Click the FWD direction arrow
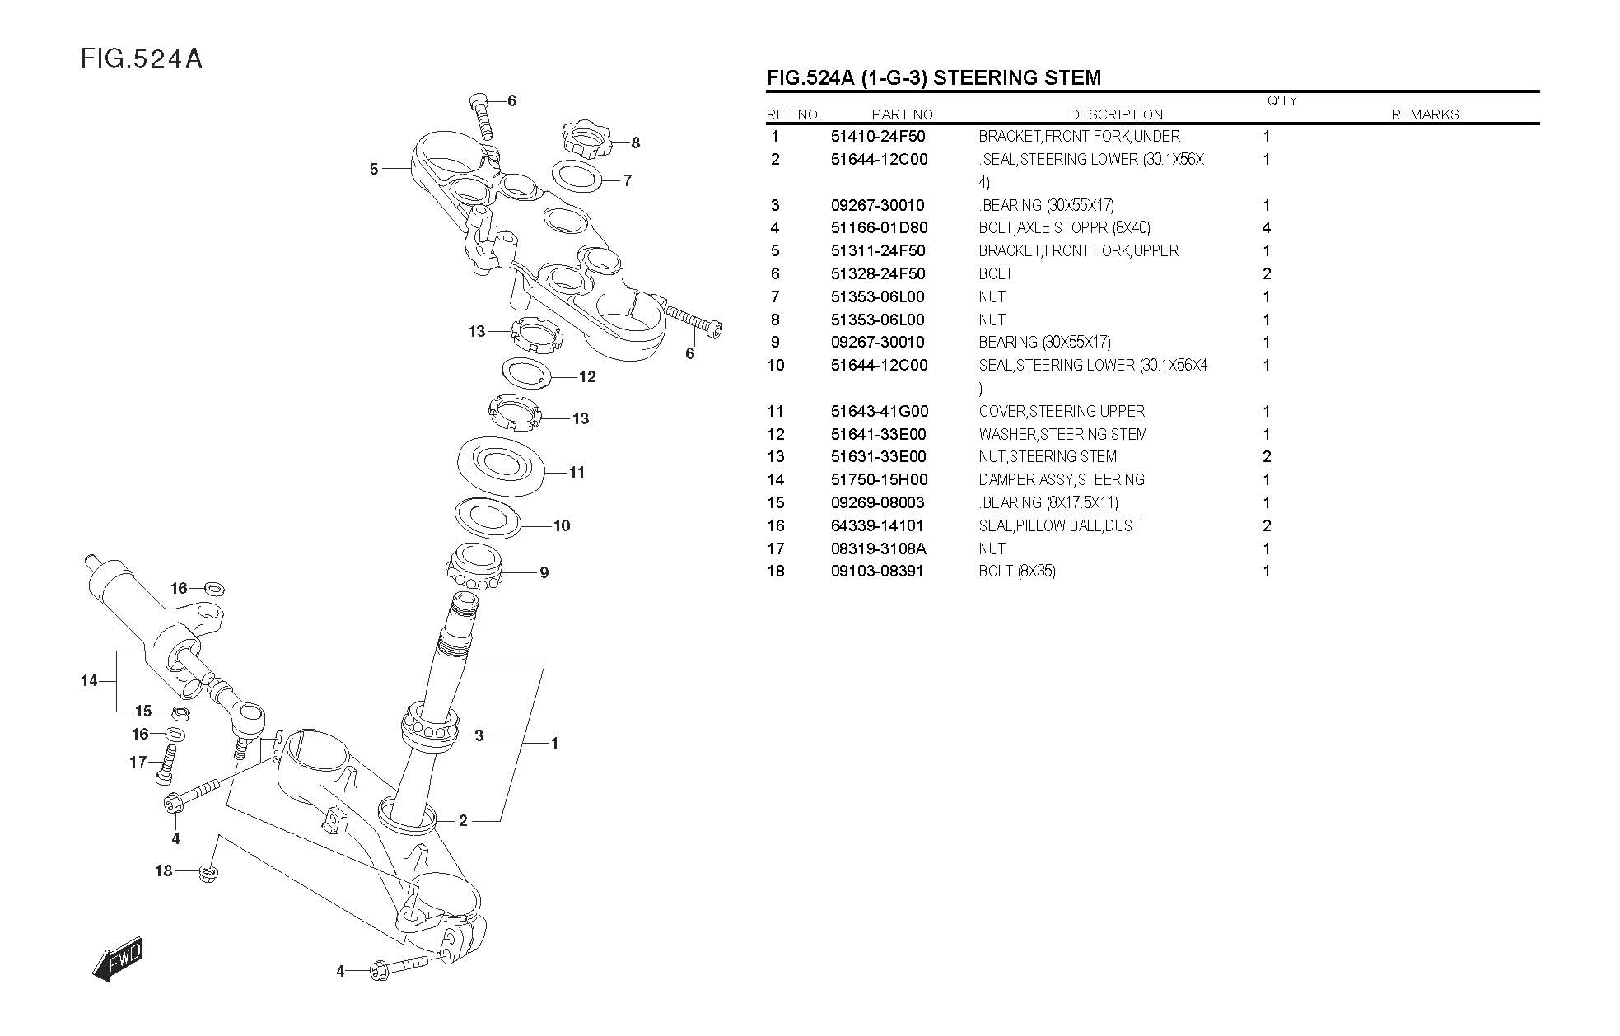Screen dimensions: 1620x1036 (119, 959)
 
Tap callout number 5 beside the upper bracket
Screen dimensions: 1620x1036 (374, 169)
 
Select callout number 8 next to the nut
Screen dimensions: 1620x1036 (636, 142)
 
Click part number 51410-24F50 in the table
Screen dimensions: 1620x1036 (878, 137)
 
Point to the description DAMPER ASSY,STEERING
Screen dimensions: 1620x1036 (1062, 480)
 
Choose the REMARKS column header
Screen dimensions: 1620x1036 (1425, 115)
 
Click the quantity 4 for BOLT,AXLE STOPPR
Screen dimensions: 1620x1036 (1267, 228)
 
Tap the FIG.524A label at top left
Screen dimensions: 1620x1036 (142, 59)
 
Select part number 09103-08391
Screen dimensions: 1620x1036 (878, 572)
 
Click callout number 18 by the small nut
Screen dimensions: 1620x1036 (164, 870)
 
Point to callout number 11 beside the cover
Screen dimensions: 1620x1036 (577, 473)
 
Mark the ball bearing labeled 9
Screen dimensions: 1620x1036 (474, 567)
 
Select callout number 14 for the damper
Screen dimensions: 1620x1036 (89, 681)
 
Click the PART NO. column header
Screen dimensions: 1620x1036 (903, 115)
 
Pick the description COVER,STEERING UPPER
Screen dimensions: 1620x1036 (1062, 412)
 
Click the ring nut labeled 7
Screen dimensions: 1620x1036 (576, 175)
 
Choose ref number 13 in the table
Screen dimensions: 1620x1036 (776, 457)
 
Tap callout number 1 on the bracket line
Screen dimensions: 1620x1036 (554, 744)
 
